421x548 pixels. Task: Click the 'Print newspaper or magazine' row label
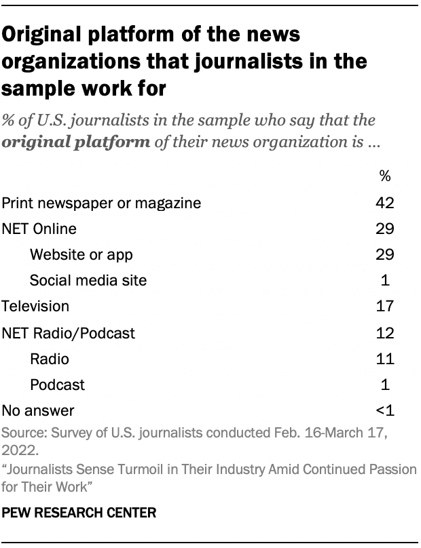coord(102,203)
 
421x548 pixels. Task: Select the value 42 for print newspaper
coord(385,203)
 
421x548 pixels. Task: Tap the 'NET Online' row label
coord(39,229)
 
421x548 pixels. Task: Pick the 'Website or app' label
coord(81,254)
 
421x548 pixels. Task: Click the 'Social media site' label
coord(88,280)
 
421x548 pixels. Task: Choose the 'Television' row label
coord(35,307)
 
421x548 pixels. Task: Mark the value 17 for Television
coord(385,307)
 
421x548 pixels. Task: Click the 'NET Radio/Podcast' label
coord(69,332)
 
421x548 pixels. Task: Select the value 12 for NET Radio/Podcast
coord(385,332)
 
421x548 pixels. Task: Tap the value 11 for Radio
coord(385,358)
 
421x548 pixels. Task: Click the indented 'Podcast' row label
coord(58,385)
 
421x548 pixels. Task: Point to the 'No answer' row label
coord(38,410)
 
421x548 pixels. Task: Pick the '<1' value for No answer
coord(384,410)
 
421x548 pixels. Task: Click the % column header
coord(385,176)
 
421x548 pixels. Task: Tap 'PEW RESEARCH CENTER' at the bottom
coord(79,513)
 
